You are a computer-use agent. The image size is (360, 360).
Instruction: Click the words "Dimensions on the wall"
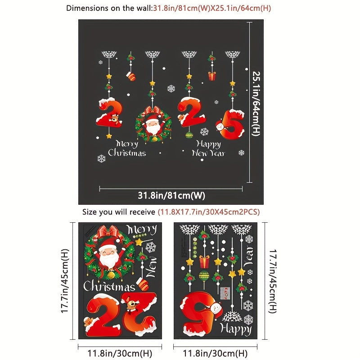102,8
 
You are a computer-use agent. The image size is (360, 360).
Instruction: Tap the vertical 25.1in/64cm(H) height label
256,103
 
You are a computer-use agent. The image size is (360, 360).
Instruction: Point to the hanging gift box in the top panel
211,76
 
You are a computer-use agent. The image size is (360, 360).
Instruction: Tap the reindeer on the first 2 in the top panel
115,119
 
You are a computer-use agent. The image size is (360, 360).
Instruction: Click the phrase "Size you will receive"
119,211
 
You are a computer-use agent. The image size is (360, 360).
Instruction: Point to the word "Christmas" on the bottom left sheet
109,286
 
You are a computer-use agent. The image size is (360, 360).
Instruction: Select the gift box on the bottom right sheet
205,261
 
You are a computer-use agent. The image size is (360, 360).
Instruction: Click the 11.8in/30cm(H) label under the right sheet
216,354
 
